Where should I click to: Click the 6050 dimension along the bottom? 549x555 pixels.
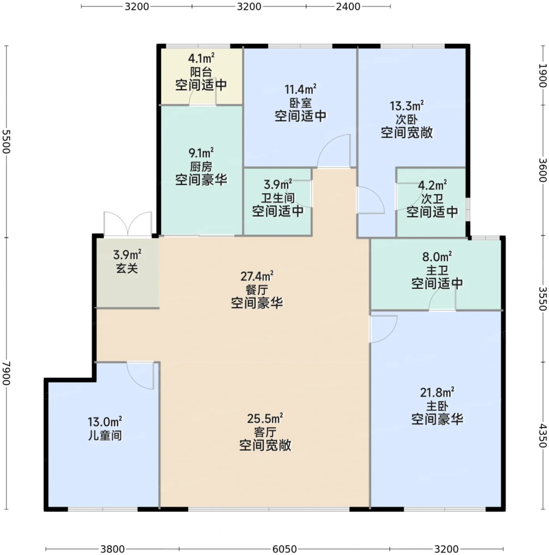pos(284,549)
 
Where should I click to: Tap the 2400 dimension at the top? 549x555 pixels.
pos(348,6)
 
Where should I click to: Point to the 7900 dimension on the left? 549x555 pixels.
pos(6,373)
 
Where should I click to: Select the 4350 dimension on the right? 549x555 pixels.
pos(542,435)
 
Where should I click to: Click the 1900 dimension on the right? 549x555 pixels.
pos(542,75)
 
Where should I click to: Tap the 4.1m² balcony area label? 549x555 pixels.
pos(201,58)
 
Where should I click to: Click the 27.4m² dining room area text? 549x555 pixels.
pos(257,276)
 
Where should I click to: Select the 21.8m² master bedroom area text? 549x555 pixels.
pos(437,392)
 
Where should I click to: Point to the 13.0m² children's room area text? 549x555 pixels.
pos(104,422)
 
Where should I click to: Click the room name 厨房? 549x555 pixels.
pos(201,167)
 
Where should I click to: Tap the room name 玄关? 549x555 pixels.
pos(127,268)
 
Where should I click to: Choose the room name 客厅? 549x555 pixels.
pos(265,432)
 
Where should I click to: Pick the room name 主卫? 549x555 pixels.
pos(437,270)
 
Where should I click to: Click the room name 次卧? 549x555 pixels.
pos(407,120)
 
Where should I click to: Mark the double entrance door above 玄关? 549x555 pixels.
pos(128,224)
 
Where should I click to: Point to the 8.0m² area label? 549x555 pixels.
pos(437,256)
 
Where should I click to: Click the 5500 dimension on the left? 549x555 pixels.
pos(6,142)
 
